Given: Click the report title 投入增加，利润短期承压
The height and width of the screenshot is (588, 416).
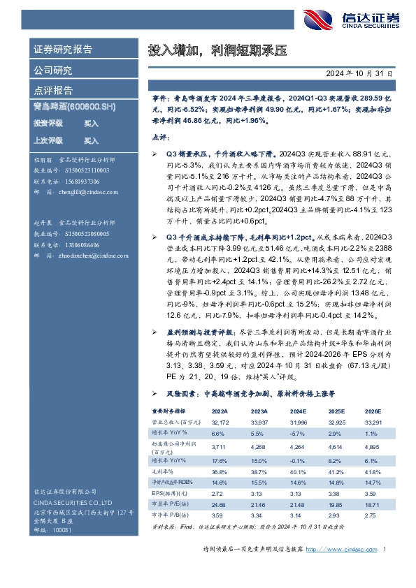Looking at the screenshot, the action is (217, 51).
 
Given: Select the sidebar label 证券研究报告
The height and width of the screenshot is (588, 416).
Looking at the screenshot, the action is (63, 49).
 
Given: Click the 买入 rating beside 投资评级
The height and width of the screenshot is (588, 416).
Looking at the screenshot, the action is (91, 123).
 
